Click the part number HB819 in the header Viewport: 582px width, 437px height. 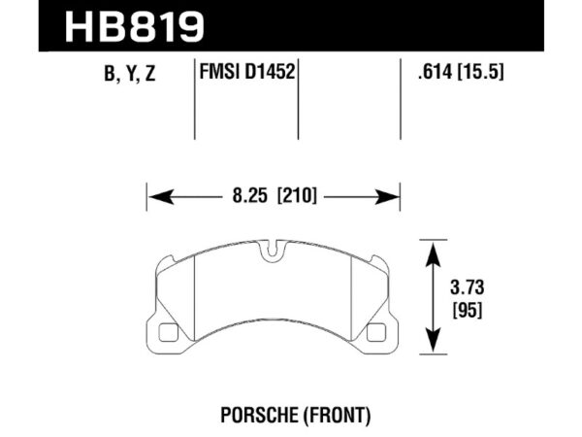coord(135,26)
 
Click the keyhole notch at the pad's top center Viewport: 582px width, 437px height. coord(274,255)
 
